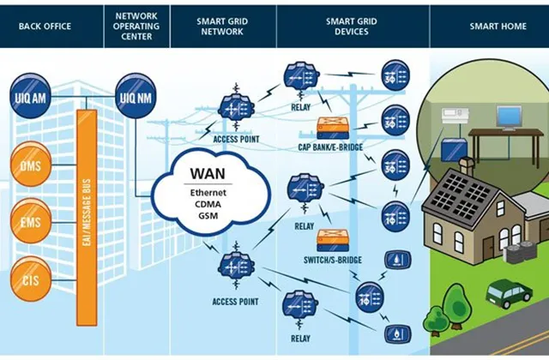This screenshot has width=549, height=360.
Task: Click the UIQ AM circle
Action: pyautogui.click(x=30, y=95)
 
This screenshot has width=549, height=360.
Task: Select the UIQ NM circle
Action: pyautogui.click(x=136, y=95)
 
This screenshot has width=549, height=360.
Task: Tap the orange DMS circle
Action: pyautogui.click(x=31, y=164)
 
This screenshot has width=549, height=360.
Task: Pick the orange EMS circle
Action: pyautogui.click(x=31, y=221)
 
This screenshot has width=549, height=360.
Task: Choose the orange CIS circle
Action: pyautogui.click(x=31, y=279)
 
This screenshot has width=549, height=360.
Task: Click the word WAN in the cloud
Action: pyautogui.click(x=208, y=173)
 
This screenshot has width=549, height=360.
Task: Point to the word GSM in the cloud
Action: pyautogui.click(x=208, y=215)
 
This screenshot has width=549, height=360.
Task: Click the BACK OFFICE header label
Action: pyautogui.click(x=45, y=27)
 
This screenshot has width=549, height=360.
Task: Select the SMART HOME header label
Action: pyautogui.click(x=498, y=27)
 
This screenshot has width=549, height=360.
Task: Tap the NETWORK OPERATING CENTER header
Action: pyautogui.click(x=136, y=27)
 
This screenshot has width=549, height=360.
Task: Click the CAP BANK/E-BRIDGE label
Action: pyautogui.click(x=330, y=147)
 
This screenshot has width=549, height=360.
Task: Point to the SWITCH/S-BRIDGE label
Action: pyautogui.click(x=333, y=260)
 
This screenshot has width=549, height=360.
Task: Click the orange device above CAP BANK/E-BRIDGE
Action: pyautogui.click(x=333, y=128)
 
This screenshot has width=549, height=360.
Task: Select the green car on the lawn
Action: pyautogui.click(x=509, y=293)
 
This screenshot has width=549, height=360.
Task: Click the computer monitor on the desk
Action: pyautogui.click(x=509, y=118)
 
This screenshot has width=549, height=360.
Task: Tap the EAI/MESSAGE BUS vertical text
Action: pyautogui.click(x=87, y=213)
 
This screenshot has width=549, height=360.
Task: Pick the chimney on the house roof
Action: pyautogui.click(x=467, y=167)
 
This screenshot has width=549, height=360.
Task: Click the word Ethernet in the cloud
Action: pyautogui.click(x=208, y=193)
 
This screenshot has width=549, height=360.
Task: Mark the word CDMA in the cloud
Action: pyautogui.click(x=208, y=204)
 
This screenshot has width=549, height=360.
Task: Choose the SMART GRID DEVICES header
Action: pyautogui.click(x=352, y=27)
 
